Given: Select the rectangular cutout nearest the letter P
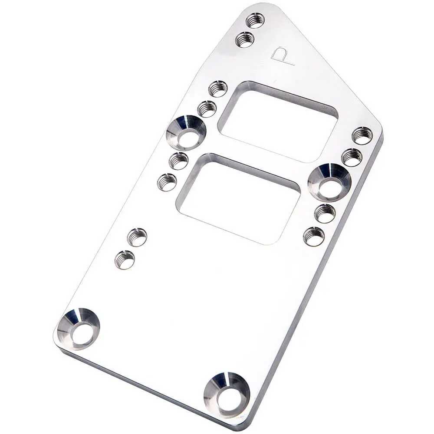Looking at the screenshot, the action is (278, 122).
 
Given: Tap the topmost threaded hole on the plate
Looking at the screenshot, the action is (255, 20).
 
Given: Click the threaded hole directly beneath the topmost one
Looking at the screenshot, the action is (245, 39).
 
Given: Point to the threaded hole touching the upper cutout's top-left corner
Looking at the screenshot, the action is (218, 89).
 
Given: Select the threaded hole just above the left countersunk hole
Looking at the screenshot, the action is (207, 109).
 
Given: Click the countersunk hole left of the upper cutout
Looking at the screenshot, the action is (186, 132).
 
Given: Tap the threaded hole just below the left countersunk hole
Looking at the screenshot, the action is (178, 161).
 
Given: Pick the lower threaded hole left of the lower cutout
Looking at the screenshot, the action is (167, 182).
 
